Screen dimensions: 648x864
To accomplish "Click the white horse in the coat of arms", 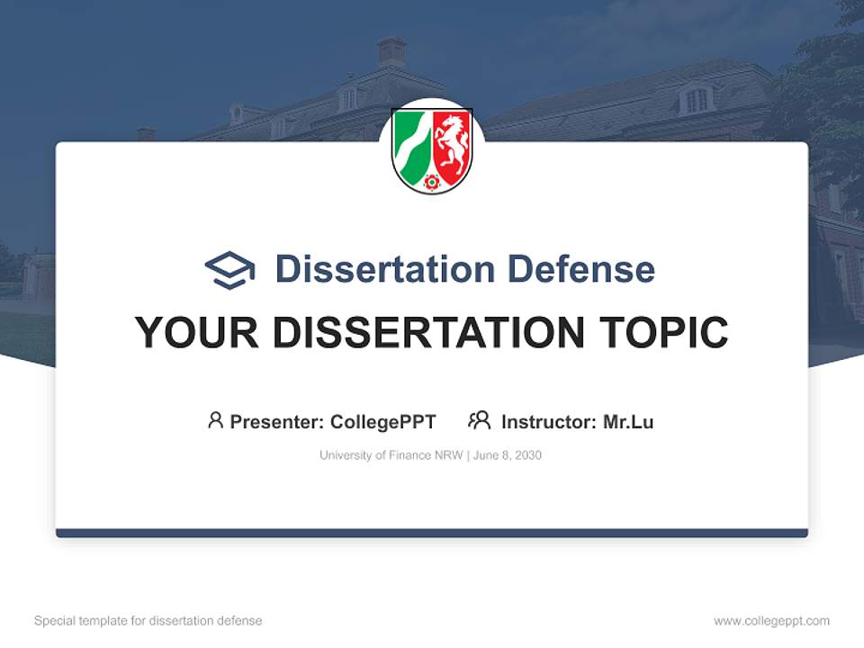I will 452,144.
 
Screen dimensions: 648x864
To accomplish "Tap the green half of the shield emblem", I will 411,148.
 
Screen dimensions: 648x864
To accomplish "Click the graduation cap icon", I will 229,269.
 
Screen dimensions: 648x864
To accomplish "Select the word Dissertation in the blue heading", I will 384,269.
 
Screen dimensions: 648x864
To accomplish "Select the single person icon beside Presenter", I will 215,420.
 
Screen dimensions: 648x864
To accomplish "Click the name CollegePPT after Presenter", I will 383,422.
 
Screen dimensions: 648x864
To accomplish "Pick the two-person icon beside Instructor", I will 479,420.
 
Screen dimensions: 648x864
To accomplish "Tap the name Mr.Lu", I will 628,422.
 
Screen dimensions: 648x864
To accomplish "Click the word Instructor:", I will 548,422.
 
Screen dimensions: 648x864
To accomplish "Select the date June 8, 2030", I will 507,455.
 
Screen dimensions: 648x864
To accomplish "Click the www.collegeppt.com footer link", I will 771,621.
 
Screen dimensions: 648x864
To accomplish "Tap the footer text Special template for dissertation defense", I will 148,621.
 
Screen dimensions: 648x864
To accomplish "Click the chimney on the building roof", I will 391,51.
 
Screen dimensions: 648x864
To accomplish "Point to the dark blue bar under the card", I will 432,533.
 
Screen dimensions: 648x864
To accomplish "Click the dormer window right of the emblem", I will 696,99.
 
